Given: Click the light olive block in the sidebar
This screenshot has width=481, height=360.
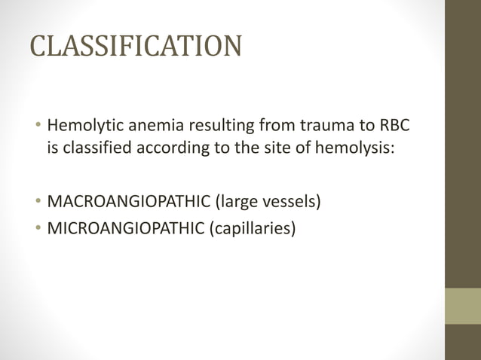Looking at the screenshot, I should pos(462,306).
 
